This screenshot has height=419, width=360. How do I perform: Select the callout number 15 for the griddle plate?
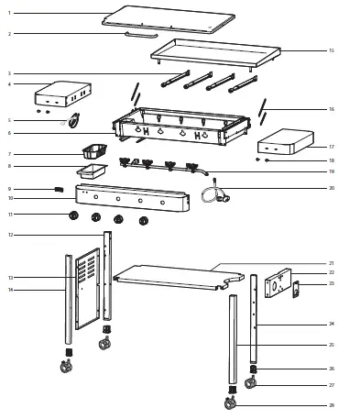pos(331,50)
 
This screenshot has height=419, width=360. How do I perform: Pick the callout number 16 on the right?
pos(331,109)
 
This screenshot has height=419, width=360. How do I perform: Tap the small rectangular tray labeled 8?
pos(93,170)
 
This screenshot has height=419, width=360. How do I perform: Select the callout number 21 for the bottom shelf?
pos(331,263)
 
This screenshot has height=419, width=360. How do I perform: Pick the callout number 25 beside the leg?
pos(331,345)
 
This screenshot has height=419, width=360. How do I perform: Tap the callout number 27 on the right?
pos(331,385)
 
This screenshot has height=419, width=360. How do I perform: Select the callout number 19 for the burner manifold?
pos(331,171)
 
